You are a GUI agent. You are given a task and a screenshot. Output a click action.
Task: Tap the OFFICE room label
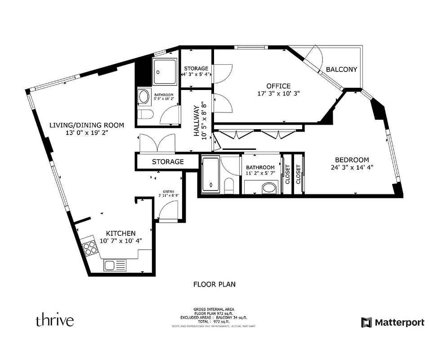[278, 86]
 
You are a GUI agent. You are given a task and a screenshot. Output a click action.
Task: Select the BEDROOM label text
[352, 160]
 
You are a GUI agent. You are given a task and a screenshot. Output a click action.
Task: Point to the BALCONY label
[341, 69]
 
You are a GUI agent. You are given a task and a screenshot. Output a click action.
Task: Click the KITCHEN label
[121, 233]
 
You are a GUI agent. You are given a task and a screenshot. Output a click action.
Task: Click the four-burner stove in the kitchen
[90, 248]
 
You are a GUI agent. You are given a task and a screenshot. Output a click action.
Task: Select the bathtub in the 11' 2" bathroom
[210, 175]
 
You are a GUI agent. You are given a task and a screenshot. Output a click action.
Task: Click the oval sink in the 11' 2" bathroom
[269, 187]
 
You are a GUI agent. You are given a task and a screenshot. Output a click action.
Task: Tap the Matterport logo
[393, 322]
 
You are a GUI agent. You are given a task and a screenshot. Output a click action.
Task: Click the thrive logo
[54, 321]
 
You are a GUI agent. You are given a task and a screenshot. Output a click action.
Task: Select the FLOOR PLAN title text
[214, 284]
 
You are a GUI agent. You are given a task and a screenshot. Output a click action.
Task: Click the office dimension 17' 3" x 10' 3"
[278, 94]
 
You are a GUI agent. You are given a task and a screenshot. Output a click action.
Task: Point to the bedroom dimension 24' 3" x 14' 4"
[352, 167]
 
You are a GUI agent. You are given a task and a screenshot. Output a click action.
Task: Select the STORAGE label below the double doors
[167, 162]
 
